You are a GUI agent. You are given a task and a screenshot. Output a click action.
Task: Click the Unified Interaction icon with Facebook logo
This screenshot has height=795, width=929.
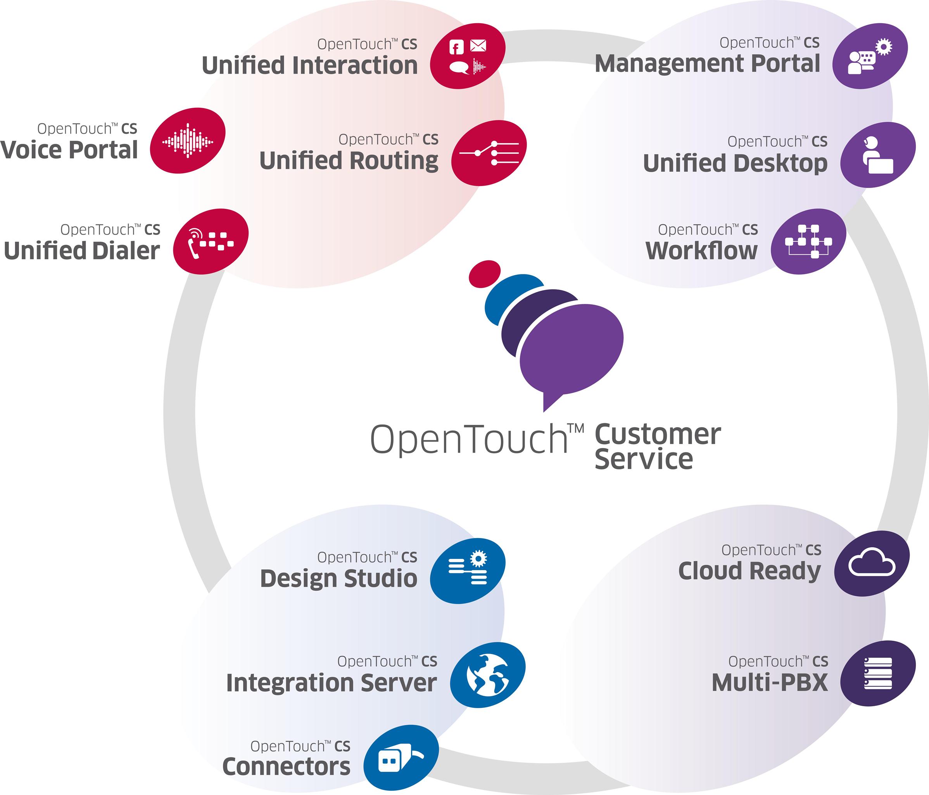coord(467,56)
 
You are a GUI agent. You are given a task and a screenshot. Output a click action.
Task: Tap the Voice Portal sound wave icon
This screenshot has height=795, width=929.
coord(187,141)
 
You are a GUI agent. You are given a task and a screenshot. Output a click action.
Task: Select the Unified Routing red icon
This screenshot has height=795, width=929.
coord(489,153)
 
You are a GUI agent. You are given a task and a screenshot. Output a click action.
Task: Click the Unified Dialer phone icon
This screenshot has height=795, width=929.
coord(210,241)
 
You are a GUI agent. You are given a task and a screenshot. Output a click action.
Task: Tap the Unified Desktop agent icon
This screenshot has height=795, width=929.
coord(877,155)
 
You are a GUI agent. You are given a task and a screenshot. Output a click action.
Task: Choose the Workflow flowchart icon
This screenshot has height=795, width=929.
coord(808,241)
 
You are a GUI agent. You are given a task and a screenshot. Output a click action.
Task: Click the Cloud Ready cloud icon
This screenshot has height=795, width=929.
coord(872,564)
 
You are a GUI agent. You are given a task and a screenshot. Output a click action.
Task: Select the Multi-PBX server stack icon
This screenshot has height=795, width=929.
coord(877,674)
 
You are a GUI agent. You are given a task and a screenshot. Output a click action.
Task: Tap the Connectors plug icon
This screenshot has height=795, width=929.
coord(401,758)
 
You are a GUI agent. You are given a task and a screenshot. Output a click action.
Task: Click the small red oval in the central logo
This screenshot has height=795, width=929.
coord(484,274)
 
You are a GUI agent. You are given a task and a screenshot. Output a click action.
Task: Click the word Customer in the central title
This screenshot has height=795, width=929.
coord(657,434)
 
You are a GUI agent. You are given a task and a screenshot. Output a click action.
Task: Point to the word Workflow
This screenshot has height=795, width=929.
coord(701,251)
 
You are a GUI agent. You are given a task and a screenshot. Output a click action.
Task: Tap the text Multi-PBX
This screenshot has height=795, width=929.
coord(769,683)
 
